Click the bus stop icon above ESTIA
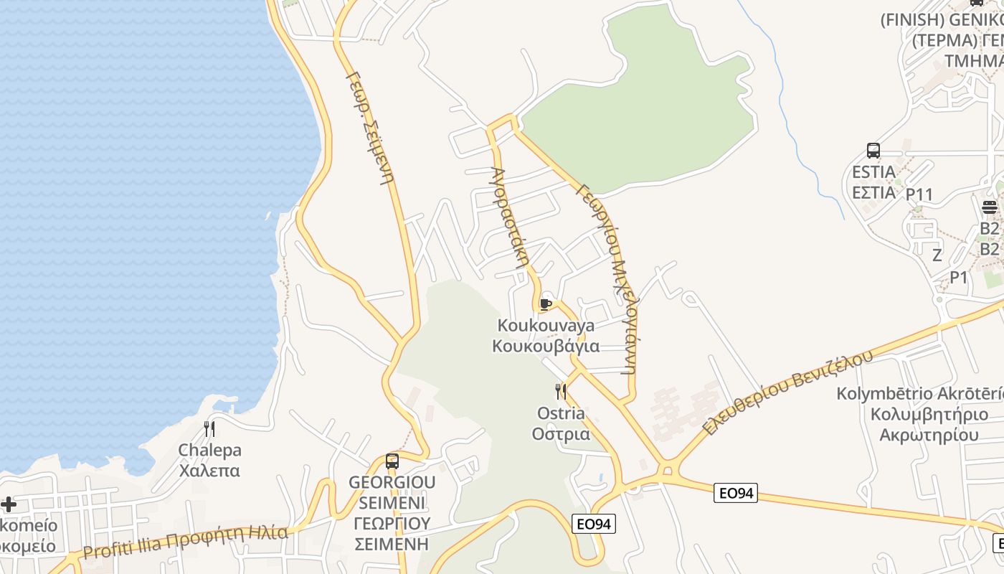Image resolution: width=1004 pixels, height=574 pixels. click(x=873, y=151)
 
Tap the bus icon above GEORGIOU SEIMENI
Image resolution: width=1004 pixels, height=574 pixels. click(x=392, y=461)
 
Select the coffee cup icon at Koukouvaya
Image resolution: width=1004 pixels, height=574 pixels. click(x=546, y=304)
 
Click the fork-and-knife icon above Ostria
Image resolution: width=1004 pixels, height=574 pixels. click(x=561, y=392)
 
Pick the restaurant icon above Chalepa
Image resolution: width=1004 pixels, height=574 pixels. click(x=209, y=429)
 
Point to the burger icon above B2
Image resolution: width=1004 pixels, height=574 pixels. click(x=990, y=208)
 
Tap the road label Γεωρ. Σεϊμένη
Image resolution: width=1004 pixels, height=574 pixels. click(x=369, y=128)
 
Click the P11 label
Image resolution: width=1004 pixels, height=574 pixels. click(x=919, y=194)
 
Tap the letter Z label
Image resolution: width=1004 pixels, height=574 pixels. click(x=937, y=255)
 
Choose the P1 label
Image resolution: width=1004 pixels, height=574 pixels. click(x=959, y=277)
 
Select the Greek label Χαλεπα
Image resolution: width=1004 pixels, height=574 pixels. click(x=209, y=471)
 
